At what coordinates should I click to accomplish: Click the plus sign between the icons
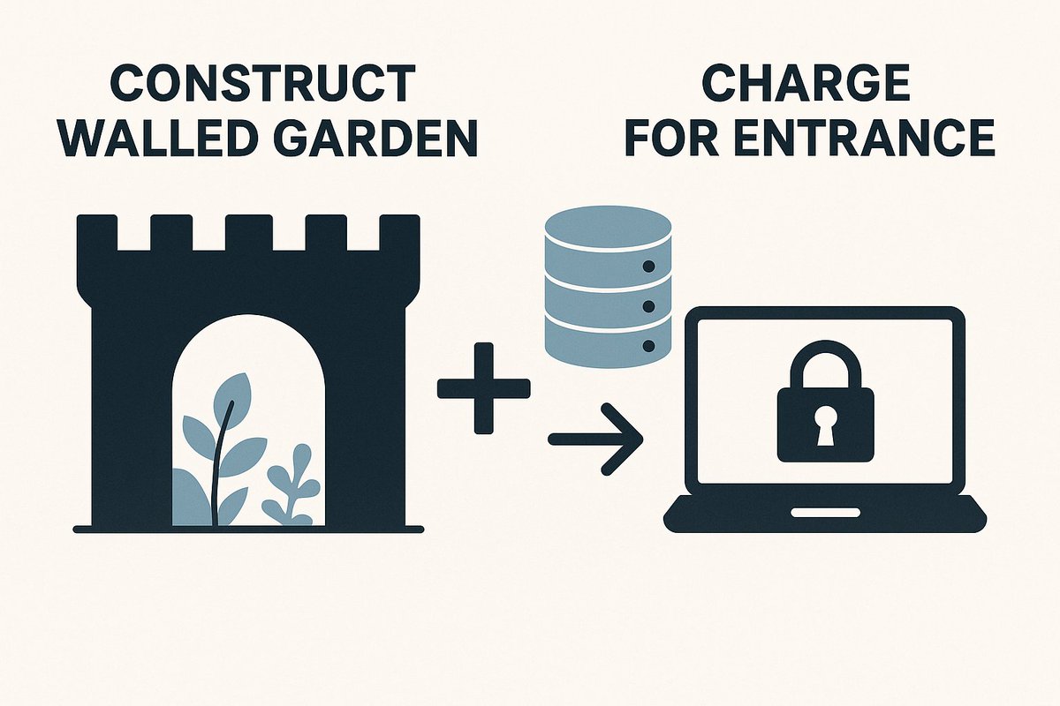pos(484,389)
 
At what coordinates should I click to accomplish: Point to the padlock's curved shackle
pos(825,362)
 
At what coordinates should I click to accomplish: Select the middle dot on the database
pos(649,306)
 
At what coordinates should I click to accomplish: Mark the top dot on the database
pos(649,266)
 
